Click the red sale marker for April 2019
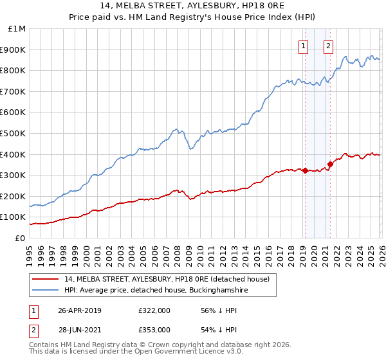tap(305, 170)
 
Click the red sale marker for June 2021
tap(330, 164)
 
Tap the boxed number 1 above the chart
tap(303, 46)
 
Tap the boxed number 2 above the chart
tap(328, 46)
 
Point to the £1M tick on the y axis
tap(17, 29)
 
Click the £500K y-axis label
tap(14, 133)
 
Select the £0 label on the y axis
tap(20, 238)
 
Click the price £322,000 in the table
tap(154, 310)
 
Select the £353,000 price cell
tap(154, 329)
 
